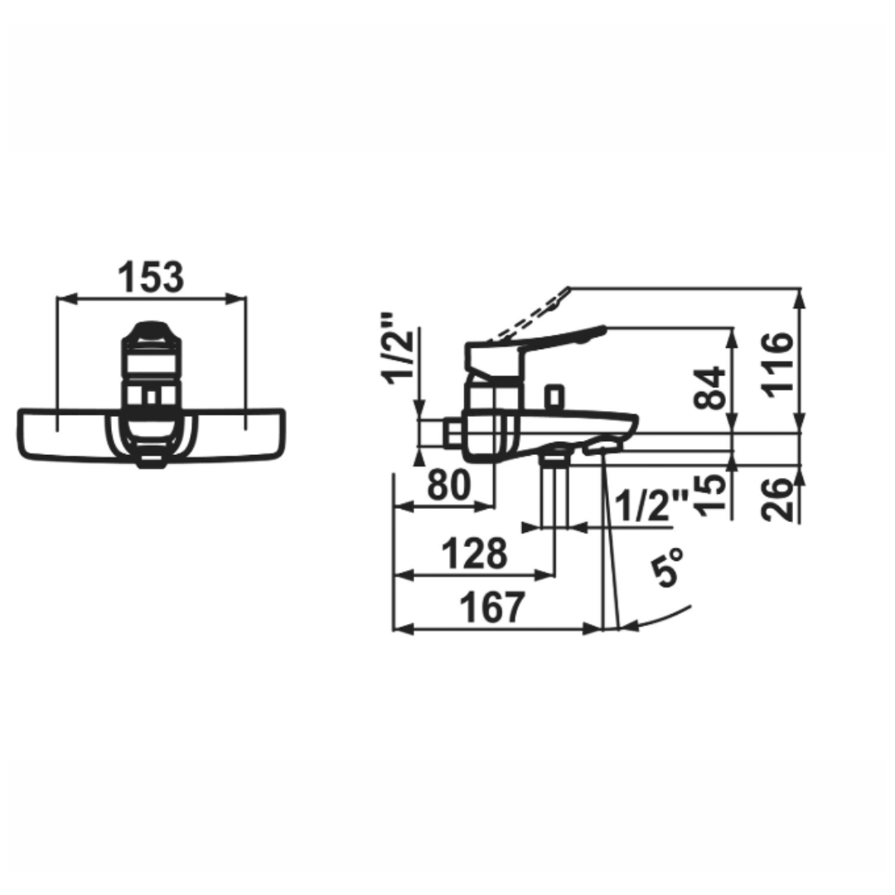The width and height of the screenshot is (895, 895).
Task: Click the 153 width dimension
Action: [150, 278]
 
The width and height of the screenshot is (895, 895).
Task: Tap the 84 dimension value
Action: [712, 388]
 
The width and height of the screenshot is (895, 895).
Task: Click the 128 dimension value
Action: [473, 554]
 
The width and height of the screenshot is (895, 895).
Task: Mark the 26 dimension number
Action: [779, 497]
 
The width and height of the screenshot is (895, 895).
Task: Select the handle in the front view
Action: [150, 348]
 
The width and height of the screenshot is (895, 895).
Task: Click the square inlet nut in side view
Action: [452, 432]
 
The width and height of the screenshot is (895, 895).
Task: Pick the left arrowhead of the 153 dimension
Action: [62, 298]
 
